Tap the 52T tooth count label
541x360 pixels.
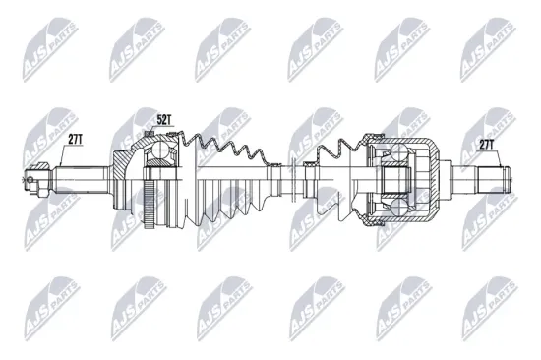click(164, 121)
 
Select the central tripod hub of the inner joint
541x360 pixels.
click(397, 181)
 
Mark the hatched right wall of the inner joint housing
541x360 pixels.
click(433, 181)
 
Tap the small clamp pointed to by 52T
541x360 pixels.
click(150, 134)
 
